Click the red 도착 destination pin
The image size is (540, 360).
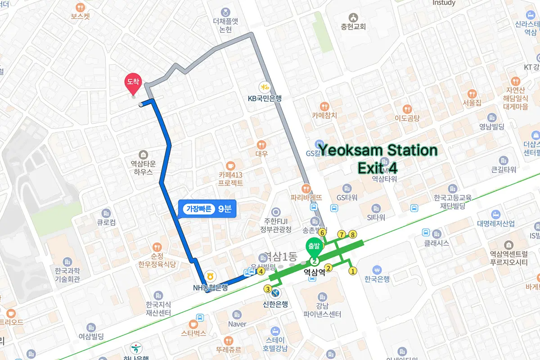tap(133, 82)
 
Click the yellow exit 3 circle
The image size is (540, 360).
tap(268, 289)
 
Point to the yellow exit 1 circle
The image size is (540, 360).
tap(353, 271)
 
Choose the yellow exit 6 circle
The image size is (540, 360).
tap(322, 233)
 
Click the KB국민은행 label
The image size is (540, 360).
tap(265, 98)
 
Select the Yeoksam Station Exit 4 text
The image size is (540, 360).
tap(378, 158)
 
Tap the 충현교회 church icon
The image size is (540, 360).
tap(353, 17)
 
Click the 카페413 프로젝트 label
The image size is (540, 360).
tap(230, 179)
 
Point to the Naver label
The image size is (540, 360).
tap(237, 324)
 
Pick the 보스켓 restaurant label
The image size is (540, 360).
tap(81, 16)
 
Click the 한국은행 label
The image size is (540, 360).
tap(377, 279)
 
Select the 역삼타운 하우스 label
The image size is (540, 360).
tap(143, 168)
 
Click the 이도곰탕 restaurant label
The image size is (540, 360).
tap(407, 118)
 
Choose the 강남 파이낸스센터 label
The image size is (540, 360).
tap(322, 310)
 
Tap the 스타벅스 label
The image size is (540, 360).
tap(193, 333)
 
